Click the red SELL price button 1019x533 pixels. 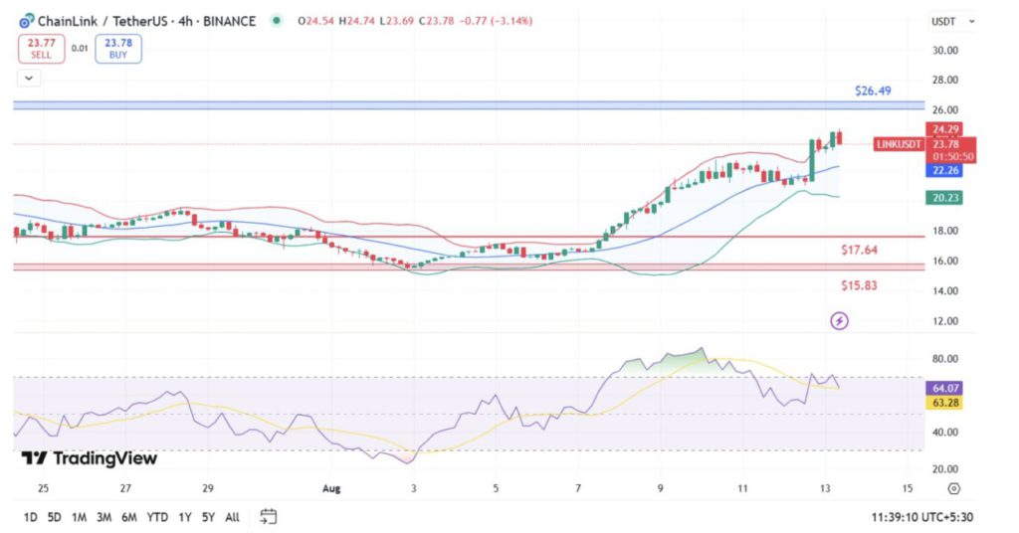(42, 49)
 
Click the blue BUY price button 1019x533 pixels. (118, 49)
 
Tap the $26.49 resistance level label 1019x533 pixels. (873, 90)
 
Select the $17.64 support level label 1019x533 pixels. (859, 250)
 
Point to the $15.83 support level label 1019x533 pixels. (859, 285)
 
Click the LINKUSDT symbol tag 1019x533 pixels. (899, 144)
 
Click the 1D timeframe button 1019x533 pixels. (31, 517)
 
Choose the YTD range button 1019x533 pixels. (157, 517)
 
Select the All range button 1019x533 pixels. (232, 517)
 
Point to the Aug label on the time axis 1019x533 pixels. (332, 489)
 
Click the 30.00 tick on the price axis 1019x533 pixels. (944, 50)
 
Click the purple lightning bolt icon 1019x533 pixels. (839, 320)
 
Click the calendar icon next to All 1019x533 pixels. (268, 516)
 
